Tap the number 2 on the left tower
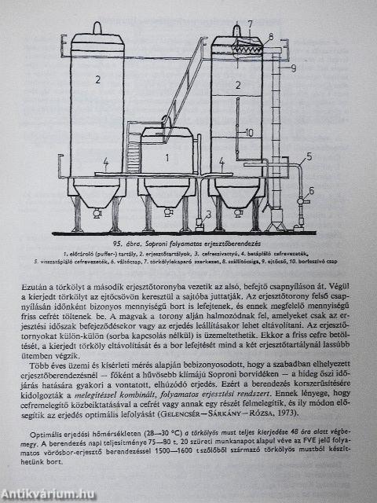click(98, 79)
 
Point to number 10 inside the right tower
click(248, 132)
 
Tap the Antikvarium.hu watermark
click(49, 492)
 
